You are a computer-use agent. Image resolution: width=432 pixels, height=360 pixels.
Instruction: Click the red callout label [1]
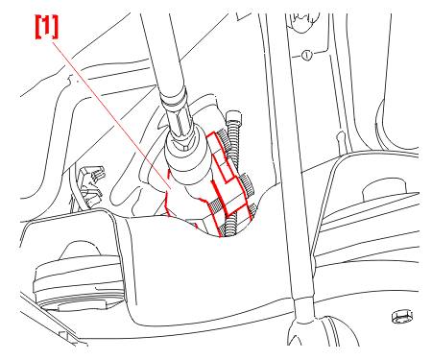click(x=47, y=27)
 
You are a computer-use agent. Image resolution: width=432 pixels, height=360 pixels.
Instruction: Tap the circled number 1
click(x=306, y=56)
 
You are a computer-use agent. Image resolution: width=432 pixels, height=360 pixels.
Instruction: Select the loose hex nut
click(x=402, y=316)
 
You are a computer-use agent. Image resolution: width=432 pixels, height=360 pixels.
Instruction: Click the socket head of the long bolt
click(x=233, y=117)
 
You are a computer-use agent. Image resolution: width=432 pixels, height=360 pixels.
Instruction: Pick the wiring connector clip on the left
click(x=91, y=185)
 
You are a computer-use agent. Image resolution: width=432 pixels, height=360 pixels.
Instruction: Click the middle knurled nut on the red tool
click(x=248, y=185)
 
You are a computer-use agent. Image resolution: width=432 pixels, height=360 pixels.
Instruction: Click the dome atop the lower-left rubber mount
click(x=78, y=251)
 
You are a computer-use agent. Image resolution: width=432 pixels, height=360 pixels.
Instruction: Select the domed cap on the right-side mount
click(x=385, y=191)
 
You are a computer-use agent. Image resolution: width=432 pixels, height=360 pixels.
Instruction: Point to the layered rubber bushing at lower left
click(x=78, y=281)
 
